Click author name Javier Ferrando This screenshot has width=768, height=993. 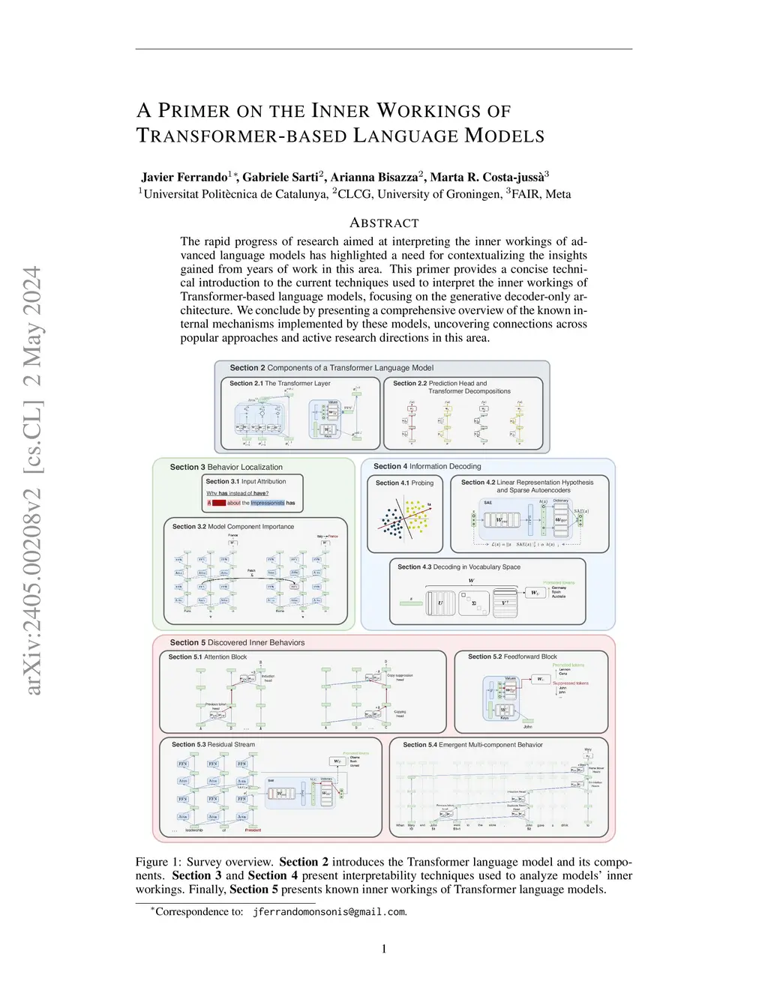184,177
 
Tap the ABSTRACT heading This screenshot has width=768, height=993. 384,223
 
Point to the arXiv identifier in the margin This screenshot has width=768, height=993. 32,480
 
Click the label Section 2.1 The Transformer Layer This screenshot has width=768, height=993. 280,383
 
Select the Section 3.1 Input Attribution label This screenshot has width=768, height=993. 246,482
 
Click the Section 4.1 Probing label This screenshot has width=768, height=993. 404,483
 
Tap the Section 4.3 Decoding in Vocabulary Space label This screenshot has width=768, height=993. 458,567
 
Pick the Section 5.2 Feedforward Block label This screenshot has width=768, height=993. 512,657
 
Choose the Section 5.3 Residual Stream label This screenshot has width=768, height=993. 213,744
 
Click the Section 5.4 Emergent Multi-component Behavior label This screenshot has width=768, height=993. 472,744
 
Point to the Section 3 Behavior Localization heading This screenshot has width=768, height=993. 226,467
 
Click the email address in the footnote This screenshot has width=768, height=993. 329,912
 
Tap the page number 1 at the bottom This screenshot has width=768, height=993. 384,949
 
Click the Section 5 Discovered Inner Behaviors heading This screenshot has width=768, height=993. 237,642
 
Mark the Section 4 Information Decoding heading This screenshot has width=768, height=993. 427,466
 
